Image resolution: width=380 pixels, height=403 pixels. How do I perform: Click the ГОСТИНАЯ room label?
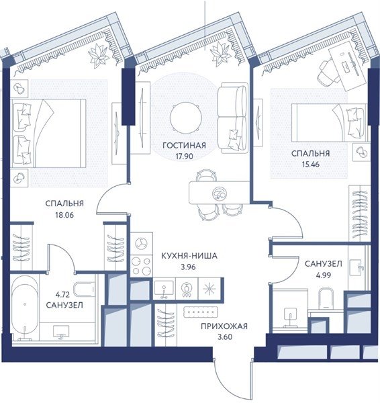tap(184, 146)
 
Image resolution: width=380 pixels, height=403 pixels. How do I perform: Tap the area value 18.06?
tap(64, 215)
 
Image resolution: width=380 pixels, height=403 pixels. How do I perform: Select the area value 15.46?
tap(310, 165)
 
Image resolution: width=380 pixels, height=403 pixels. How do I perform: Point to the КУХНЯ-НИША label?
tap(189, 256)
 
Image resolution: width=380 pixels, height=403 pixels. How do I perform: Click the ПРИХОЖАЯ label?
tap(224, 326)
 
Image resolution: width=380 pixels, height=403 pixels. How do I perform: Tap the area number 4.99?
tap(323, 275)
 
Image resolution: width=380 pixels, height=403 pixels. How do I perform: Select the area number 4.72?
tap(62, 294)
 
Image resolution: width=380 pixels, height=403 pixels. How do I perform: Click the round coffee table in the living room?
tap(185, 118)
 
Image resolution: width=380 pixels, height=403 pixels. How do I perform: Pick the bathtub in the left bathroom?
tap(25, 308)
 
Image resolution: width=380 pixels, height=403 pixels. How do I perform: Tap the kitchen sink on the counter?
tap(164, 289)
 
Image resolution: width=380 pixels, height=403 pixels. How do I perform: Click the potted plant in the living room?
tap(220, 54)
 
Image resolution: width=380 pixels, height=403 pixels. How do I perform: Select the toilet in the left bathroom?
tap(85, 289)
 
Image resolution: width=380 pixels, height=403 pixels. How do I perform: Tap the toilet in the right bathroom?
tap(326, 299)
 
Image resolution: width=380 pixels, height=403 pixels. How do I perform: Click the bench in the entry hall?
tap(201, 312)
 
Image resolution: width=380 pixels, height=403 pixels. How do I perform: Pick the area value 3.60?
tap(225, 337)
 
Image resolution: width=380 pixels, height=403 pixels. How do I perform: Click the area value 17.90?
tap(184, 156)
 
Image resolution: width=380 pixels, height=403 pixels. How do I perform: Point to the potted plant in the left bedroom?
tap(99, 56)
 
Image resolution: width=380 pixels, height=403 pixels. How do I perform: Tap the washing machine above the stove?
tap(141, 243)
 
